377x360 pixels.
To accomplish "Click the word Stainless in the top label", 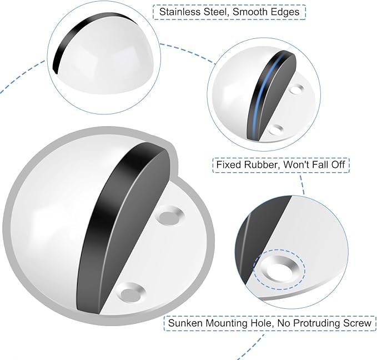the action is tap(180, 12).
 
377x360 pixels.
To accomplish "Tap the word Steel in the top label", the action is tap(215, 12).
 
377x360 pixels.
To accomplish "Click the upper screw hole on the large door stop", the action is tap(169, 215).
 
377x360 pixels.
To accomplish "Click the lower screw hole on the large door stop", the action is tap(131, 293).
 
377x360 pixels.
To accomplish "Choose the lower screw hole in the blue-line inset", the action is tap(277, 129).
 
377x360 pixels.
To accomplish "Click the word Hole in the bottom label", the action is tap(262, 323).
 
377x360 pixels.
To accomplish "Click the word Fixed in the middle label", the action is tap(229, 164).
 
